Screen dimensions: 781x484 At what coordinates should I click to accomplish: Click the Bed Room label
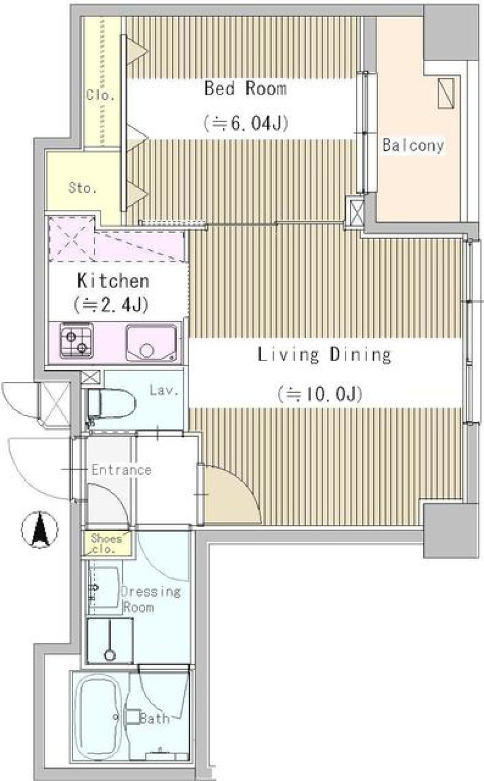tap(245, 88)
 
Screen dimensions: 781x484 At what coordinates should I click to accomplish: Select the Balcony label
tap(413, 145)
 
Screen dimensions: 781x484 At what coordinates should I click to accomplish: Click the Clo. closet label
tap(100, 95)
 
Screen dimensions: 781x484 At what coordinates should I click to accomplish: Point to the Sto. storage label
tap(83, 188)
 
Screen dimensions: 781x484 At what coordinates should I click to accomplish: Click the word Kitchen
tap(113, 281)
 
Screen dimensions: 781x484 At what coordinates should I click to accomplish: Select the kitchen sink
tap(151, 343)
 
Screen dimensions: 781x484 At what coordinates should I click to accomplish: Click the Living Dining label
tap(324, 355)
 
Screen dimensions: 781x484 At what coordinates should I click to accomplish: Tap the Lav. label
tap(164, 390)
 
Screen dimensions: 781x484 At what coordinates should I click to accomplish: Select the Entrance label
tap(121, 470)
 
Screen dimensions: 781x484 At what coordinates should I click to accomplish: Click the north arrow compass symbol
tap(39, 530)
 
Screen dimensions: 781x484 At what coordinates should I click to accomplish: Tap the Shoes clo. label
tap(106, 543)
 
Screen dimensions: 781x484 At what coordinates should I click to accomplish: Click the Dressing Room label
tap(150, 599)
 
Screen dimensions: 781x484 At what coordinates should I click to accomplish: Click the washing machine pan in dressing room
tap(110, 640)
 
